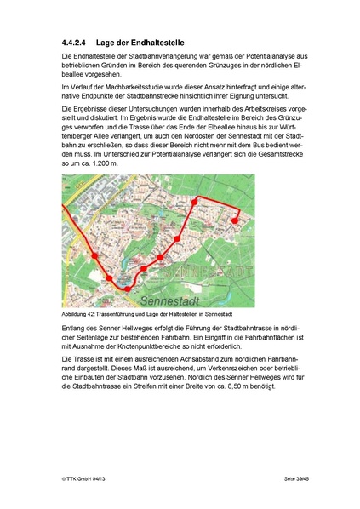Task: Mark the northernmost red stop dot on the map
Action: click(197, 199)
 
